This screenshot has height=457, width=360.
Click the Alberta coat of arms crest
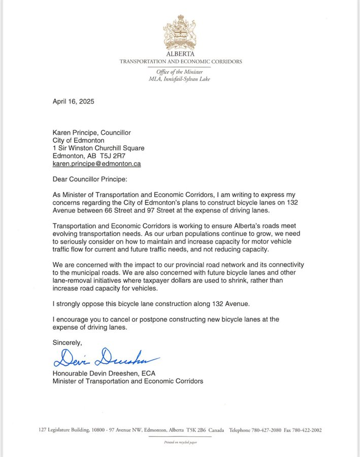[180, 32]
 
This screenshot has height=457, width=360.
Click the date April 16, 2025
[74, 101]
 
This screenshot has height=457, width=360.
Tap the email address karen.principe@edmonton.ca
[97, 164]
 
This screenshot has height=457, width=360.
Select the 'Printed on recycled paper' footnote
[180, 442]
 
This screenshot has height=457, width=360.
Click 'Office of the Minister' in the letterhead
[180, 72]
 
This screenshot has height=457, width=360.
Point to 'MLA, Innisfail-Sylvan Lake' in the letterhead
[180, 79]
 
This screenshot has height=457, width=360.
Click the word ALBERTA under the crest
[180, 54]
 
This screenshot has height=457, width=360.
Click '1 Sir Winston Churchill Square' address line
[99, 148]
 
